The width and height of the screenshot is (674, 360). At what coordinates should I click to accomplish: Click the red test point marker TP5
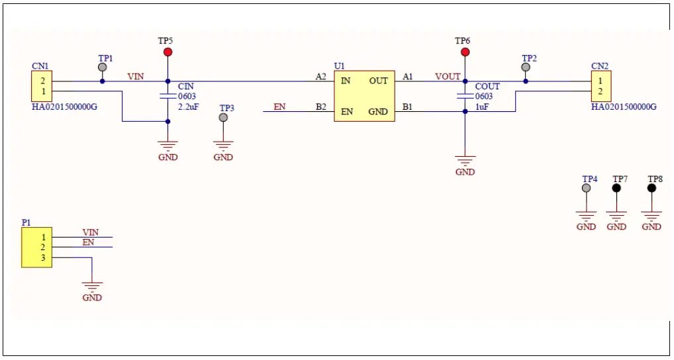pyautogui.click(x=168, y=52)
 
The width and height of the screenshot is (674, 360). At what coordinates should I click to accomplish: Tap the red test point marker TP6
pyautogui.click(x=465, y=52)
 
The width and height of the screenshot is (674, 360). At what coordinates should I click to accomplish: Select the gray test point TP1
pyautogui.click(x=102, y=67)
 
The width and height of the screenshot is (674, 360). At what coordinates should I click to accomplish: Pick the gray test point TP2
pyautogui.click(x=526, y=67)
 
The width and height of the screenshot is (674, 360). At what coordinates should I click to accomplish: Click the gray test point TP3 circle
pyautogui.click(x=223, y=118)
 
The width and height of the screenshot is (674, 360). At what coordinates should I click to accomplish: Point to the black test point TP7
pyautogui.click(x=616, y=188)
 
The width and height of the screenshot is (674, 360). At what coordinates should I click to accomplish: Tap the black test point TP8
pyautogui.click(x=651, y=188)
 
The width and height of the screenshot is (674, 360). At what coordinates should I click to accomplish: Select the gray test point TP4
pyautogui.click(x=586, y=188)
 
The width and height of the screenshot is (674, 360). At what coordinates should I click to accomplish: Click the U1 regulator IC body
pyautogui.click(x=363, y=96)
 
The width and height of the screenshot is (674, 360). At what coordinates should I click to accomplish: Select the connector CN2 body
pyautogui.click(x=601, y=86)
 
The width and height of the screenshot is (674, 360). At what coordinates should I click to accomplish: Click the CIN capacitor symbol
pyautogui.click(x=168, y=96)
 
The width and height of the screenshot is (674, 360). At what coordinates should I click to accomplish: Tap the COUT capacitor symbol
pyautogui.click(x=465, y=96)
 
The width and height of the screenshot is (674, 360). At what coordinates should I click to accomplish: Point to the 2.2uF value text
pyautogui.click(x=188, y=107)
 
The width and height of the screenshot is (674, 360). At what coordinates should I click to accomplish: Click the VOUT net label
pyautogui.click(x=448, y=77)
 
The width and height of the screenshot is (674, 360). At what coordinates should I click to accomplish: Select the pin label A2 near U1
pyautogui.click(x=321, y=77)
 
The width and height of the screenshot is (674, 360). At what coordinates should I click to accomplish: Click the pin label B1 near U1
pyautogui.click(x=408, y=107)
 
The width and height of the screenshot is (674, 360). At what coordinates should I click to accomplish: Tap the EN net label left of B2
pyautogui.click(x=280, y=107)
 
